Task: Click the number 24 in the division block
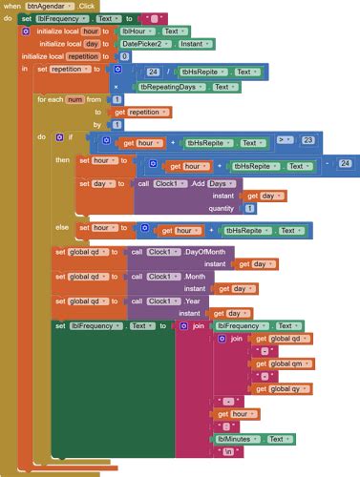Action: point(153,72)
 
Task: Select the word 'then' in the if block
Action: point(63,160)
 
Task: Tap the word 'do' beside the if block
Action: point(41,137)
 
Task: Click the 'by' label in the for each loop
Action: point(96,124)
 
